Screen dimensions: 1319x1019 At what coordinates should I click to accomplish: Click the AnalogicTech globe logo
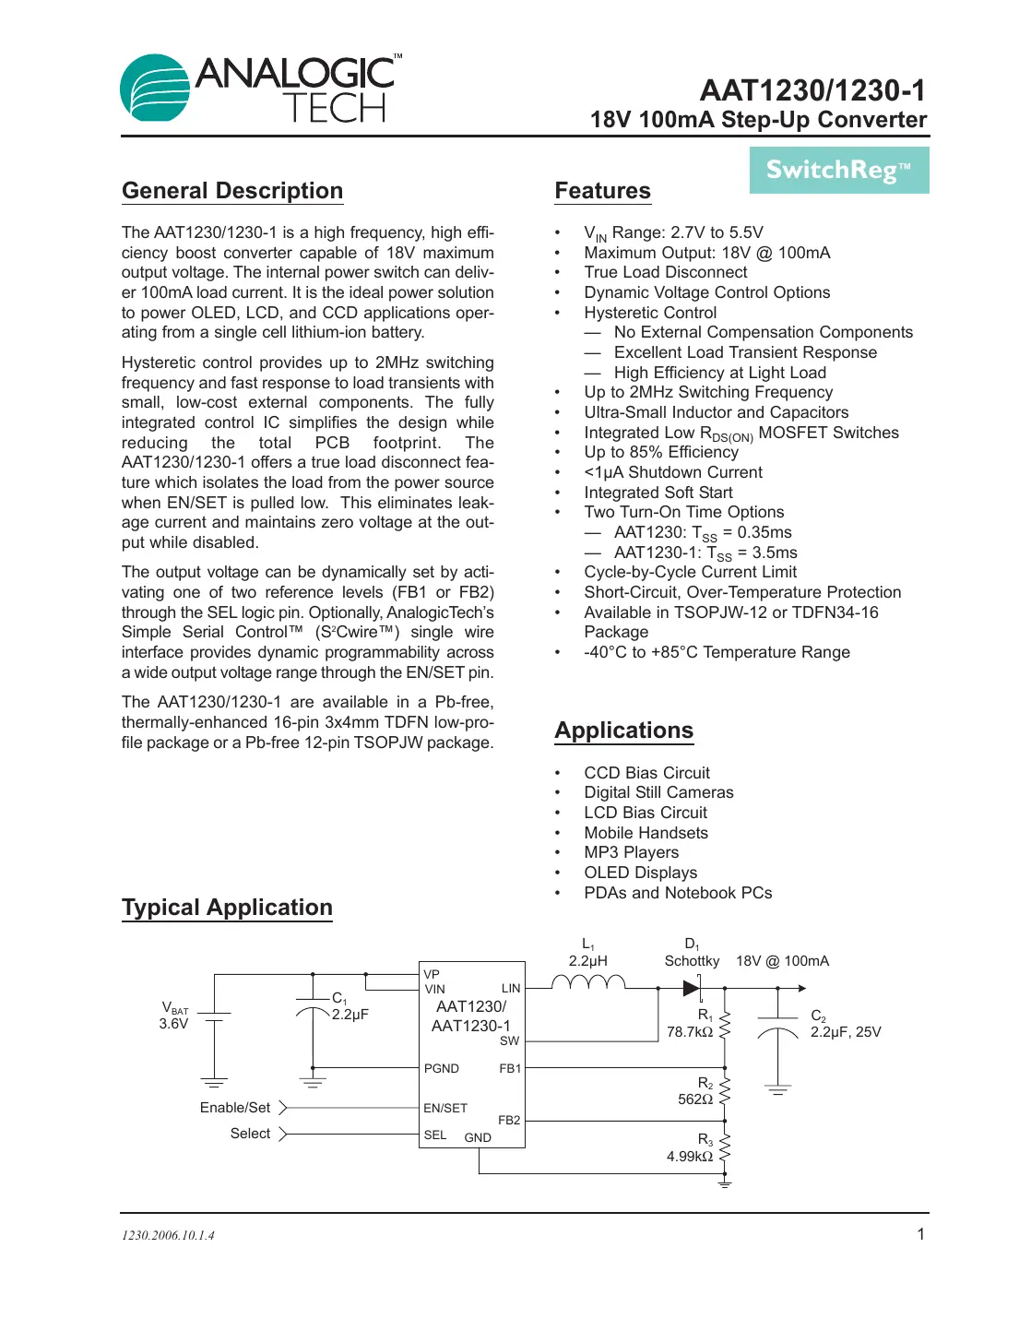pos(155,88)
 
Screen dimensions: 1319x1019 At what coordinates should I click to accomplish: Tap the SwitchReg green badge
pos(838,171)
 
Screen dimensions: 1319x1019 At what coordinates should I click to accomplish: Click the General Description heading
pos(232,191)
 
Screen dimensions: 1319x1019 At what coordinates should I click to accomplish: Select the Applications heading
pos(623,731)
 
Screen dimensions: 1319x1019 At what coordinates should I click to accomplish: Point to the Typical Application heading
pos(227,908)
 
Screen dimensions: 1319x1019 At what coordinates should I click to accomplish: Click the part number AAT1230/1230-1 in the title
pos(812,90)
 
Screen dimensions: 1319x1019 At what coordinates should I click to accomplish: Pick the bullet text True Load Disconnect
pos(665,272)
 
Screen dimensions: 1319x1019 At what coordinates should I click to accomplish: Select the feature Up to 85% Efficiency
pos(660,452)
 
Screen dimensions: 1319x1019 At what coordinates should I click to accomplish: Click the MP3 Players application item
pos(631,852)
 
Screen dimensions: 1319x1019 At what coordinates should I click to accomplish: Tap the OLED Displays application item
pos(640,873)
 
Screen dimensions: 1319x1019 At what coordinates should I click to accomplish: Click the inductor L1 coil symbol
pos(588,983)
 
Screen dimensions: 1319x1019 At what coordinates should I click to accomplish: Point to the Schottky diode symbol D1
pos(691,988)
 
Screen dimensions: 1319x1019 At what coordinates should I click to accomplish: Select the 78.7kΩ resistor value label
pos(689,1032)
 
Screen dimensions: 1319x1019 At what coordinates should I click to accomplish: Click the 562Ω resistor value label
pos(694,1099)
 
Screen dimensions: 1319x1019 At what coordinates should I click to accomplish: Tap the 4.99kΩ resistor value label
pos(689,1157)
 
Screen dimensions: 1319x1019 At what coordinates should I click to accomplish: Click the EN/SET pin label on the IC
pos(445,1108)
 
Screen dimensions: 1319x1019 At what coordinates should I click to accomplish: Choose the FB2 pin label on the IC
pos(509,1120)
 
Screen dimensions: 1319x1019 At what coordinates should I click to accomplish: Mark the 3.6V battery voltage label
pos(173,1024)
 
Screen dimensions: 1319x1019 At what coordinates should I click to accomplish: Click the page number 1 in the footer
pos(920,1234)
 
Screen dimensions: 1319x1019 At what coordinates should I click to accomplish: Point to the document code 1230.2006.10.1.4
pos(168,1235)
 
